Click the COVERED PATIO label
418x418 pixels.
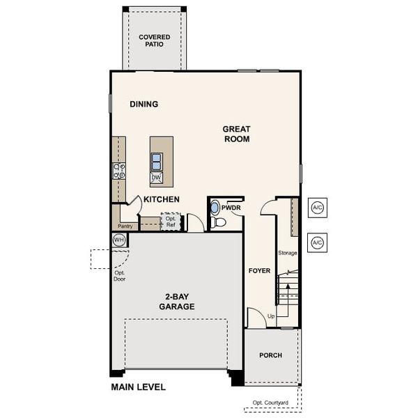tap(154, 40)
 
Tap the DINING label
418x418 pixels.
tap(144, 104)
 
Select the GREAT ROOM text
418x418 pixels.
tap(236, 134)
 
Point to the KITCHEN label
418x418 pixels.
tap(162, 199)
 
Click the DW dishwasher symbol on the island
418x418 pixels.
tap(157, 178)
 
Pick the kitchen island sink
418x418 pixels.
tap(157, 162)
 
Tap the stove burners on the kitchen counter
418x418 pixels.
tap(118, 171)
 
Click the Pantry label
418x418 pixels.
tap(125, 226)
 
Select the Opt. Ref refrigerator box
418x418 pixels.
tap(171, 222)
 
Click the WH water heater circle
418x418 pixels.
tap(119, 240)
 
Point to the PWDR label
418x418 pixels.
tap(231, 208)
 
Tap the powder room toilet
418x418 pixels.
tap(219, 222)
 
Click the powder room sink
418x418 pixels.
tap(215, 207)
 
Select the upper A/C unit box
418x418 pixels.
tap(317, 208)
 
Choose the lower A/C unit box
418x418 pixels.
tap(317, 242)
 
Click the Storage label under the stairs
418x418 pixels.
tap(287, 253)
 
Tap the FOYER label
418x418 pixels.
tap(259, 270)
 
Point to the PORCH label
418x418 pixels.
tap(270, 355)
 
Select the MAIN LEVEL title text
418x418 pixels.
tap(138, 387)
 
